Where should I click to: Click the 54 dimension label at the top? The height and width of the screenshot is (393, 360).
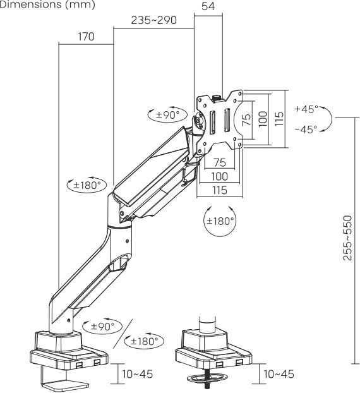[208, 6]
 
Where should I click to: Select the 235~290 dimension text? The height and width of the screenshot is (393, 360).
[153, 20]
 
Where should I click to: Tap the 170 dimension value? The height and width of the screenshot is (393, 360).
[86, 37]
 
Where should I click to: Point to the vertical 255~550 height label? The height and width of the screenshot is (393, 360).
[347, 238]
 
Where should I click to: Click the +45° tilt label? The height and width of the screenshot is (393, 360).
[306, 109]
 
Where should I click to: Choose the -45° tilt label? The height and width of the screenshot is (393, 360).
[306, 129]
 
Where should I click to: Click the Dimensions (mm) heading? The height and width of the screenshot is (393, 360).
[47, 4]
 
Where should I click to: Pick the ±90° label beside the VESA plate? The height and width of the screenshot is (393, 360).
[167, 115]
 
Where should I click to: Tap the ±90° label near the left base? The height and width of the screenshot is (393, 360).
[102, 326]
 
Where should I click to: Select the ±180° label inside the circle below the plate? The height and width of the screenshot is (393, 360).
[220, 221]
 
